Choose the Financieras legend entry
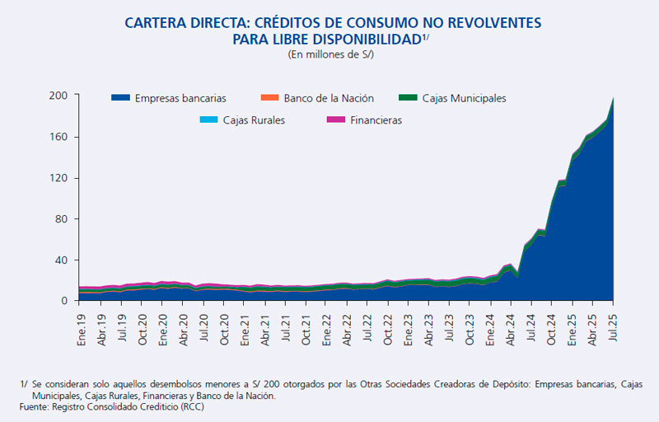pos(372,120)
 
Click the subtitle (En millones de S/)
pos(329,54)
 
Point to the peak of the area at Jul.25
pos(614,98)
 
